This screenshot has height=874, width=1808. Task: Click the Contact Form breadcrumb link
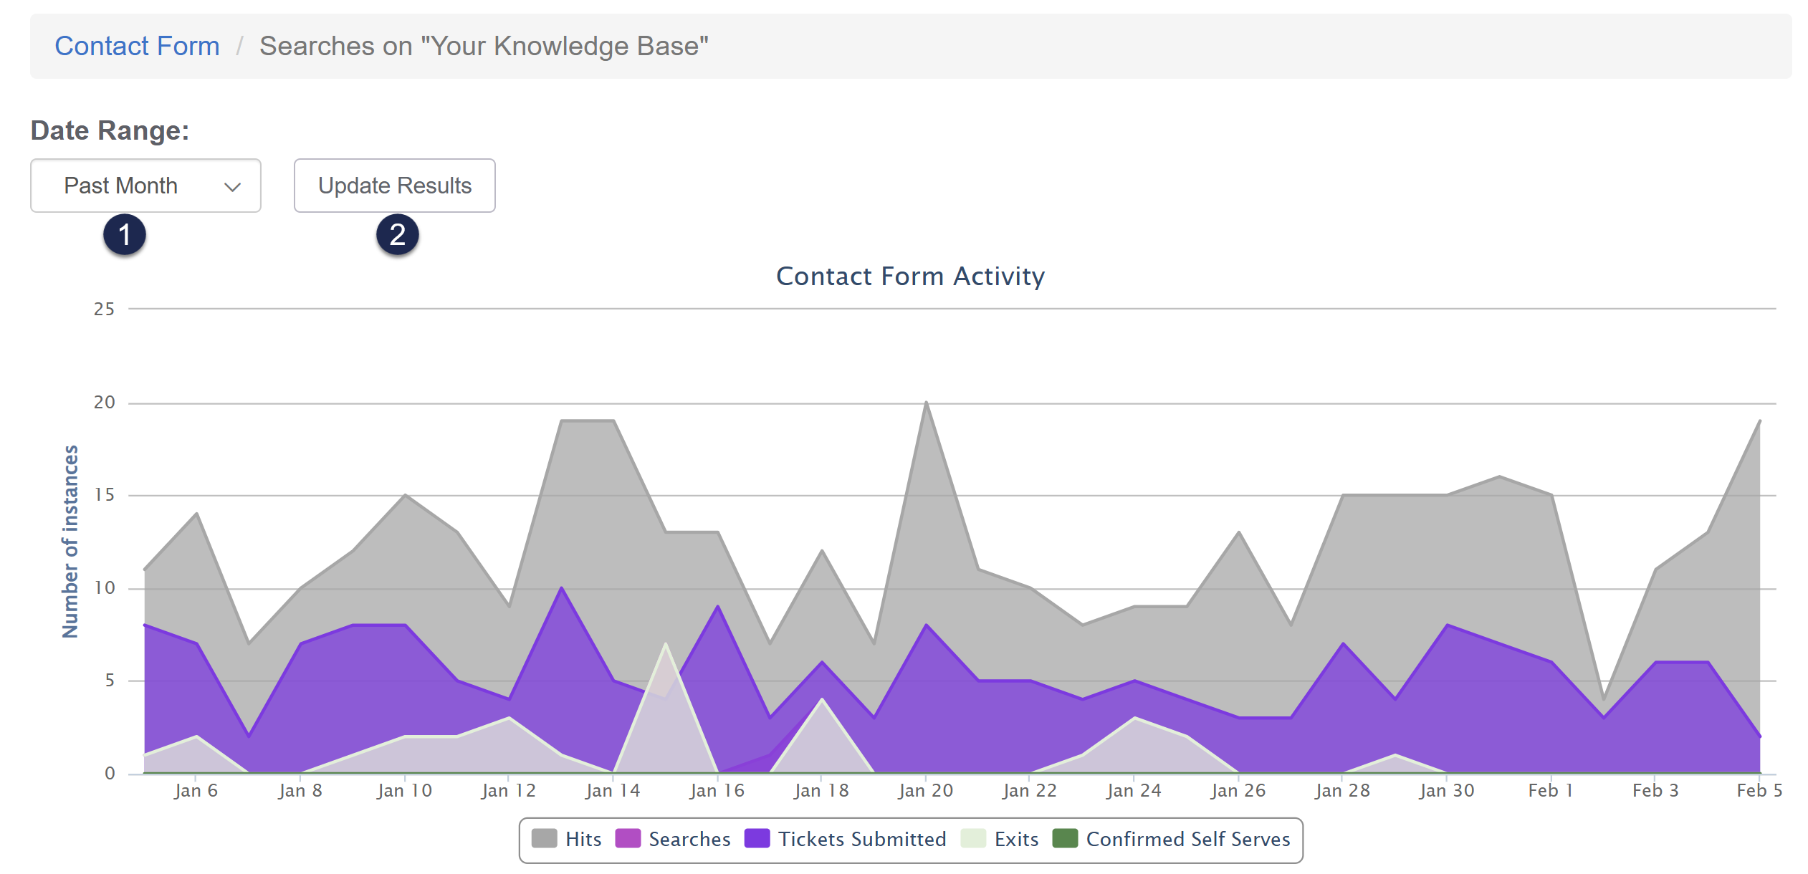(137, 46)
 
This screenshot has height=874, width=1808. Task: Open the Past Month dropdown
(145, 186)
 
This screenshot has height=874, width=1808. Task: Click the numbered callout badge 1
(125, 234)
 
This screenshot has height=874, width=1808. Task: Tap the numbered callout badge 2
(398, 234)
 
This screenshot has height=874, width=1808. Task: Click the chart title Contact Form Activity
(910, 277)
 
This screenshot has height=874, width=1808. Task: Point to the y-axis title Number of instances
(70, 541)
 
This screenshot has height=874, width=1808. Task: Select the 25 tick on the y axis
(105, 309)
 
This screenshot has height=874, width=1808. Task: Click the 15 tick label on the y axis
(105, 495)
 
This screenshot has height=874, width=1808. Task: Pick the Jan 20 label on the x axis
(925, 791)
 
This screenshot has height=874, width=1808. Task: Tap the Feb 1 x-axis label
(1550, 791)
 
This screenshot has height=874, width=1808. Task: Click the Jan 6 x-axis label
(196, 791)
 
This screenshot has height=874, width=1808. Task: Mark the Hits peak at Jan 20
(926, 403)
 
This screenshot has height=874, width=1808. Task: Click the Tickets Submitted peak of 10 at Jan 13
(562, 588)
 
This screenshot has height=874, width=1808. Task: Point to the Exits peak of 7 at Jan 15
(666, 644)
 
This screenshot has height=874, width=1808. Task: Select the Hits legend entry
(567, 839)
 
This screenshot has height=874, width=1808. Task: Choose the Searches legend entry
(673, 839)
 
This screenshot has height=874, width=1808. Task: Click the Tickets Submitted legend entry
(846, 839)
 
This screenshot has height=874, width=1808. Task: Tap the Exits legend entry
(1000, 839)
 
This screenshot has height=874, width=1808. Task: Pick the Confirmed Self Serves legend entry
(1172, 839)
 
